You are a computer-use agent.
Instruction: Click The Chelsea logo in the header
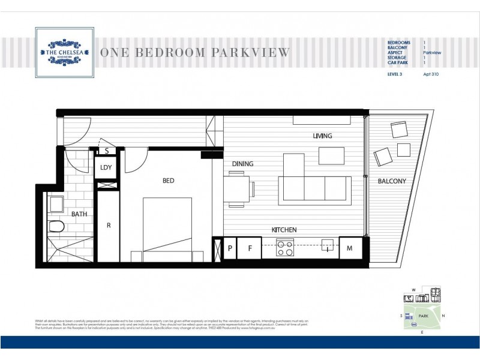64,52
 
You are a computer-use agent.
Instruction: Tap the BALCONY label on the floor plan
392,181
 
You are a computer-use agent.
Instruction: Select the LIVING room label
322,136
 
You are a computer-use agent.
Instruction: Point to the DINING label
243,163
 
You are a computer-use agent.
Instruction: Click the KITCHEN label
284,230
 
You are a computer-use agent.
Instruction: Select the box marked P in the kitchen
230,248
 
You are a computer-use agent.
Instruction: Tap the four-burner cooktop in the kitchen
284,248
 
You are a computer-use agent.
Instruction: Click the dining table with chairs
239,186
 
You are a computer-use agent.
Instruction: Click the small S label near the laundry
106,151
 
